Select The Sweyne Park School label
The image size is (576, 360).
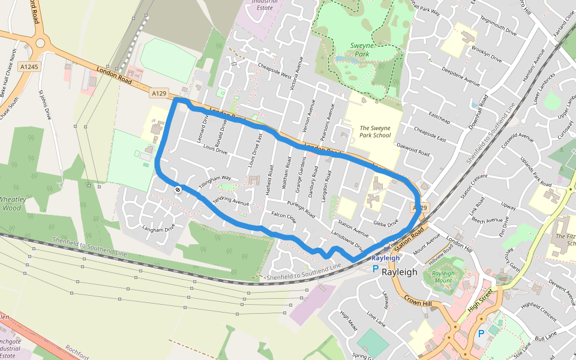tap(375, 131)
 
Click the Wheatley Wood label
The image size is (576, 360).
tap(10, 204)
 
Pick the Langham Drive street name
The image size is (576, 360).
tap(158, 228)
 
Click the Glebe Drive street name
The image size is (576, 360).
tap(386, 223)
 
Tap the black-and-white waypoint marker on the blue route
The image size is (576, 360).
tap(178, 190)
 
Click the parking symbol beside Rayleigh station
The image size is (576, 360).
tap(376, 269)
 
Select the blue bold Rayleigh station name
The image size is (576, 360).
tap(385, 258)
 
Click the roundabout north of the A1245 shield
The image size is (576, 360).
tap(41, 43)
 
